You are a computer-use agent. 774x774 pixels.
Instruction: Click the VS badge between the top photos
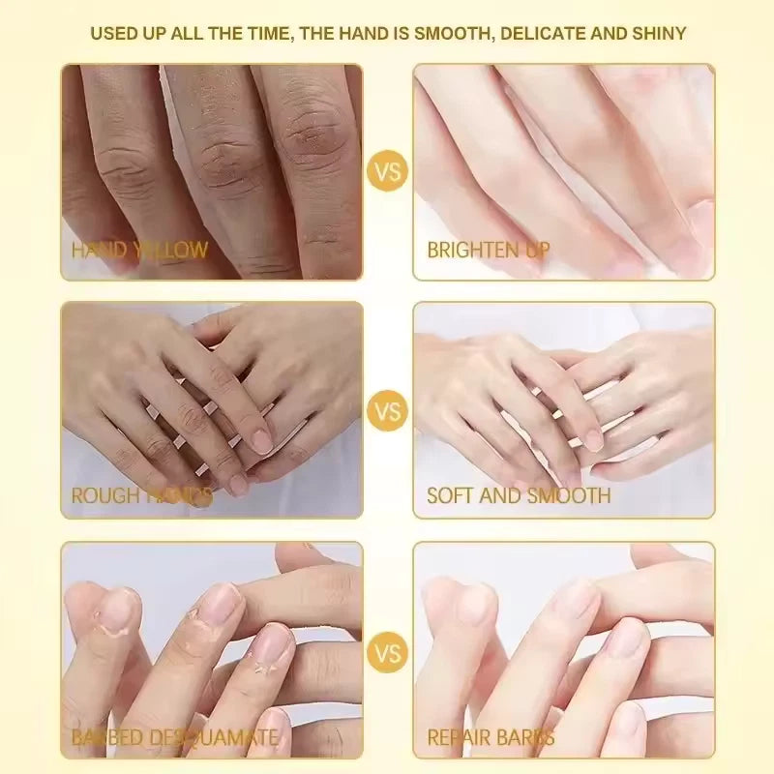[x=387, y=172]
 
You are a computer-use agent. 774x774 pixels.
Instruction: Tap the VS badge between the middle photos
[x=387, y=410]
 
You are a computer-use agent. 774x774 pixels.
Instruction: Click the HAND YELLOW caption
[x=139, y=250]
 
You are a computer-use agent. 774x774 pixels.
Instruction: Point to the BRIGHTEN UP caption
[x=488, y=250]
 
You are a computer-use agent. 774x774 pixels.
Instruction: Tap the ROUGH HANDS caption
[x=141, y=496]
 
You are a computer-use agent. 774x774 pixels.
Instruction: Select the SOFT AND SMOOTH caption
[x=519, y=496]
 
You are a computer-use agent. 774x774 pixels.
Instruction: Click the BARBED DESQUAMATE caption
[x=174, y=738]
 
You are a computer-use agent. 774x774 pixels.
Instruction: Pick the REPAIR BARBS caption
[x=491, y=738]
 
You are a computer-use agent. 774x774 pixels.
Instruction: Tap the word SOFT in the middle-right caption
[x=449, y=496]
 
